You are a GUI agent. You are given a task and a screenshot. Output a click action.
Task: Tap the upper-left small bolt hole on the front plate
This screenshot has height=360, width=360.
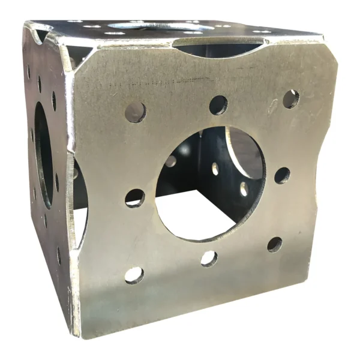click(x=136, y=112)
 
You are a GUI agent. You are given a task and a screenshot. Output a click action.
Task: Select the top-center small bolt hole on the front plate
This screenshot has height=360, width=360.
click(x=218, y=105)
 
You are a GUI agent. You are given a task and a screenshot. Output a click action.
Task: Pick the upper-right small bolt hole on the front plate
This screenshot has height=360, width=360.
click(x=290, y=99)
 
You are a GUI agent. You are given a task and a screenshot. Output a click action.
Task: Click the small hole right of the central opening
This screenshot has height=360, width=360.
click(x=282, y=175)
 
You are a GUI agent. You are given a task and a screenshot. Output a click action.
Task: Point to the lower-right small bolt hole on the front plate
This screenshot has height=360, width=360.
click(x=275, y=244)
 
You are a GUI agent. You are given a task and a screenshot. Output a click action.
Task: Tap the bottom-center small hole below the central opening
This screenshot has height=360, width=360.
click(x=209, y=259)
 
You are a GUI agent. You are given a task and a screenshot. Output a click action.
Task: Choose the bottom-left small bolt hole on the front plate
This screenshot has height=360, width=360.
click(x=134, y=275)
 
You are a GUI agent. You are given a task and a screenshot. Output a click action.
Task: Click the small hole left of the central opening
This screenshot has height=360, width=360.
click(x=134, y=197)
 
